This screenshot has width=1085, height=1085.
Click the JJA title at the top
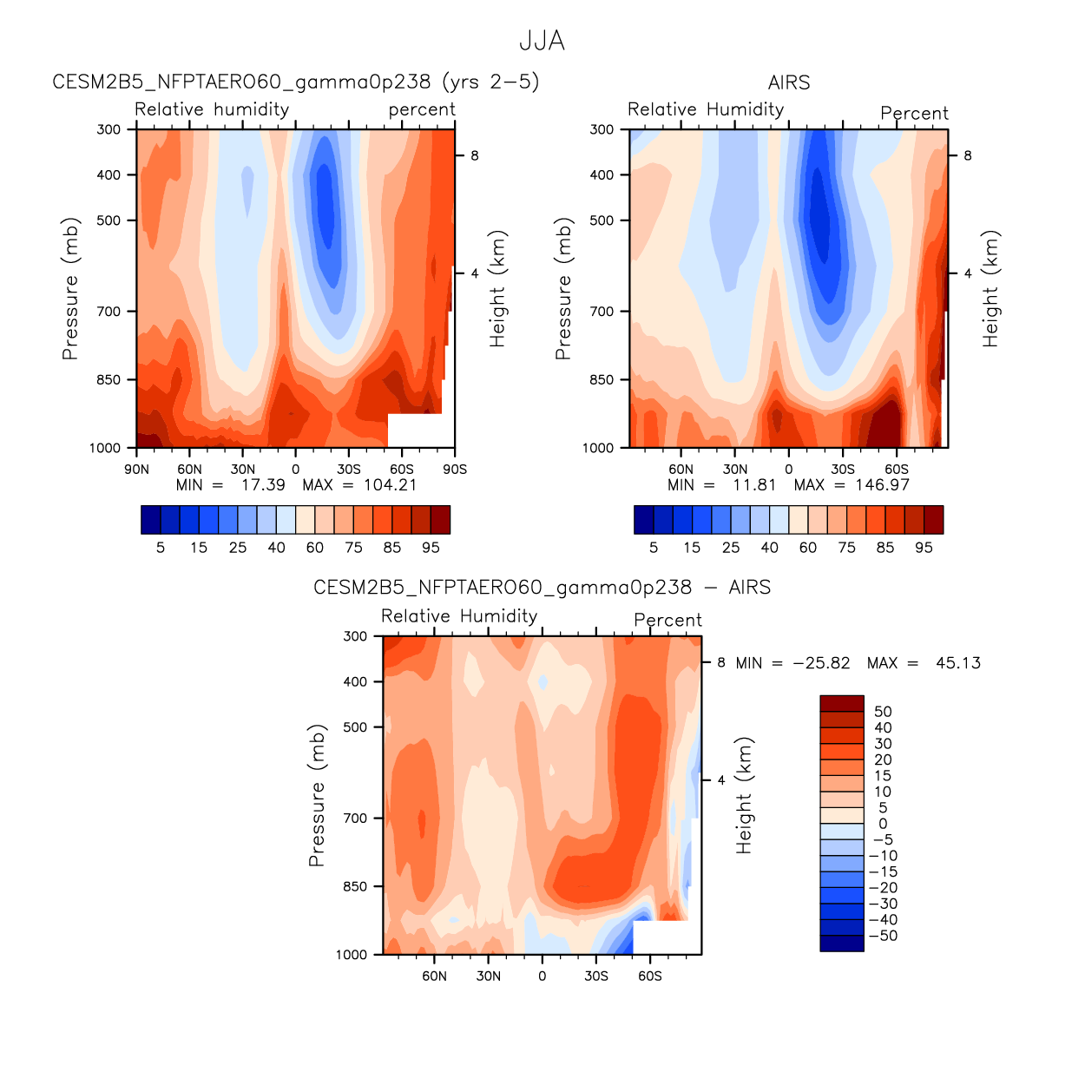542,41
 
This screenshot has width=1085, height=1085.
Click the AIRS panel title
789,82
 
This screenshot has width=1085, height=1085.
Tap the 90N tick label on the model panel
136,470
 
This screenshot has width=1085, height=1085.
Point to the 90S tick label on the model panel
455,470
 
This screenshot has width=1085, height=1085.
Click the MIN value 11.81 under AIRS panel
753,485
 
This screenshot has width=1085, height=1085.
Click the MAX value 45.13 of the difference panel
957,663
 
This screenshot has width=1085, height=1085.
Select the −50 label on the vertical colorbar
884,936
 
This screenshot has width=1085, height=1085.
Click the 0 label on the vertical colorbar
883,824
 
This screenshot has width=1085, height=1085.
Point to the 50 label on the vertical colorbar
883,712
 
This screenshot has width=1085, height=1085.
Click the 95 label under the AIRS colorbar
924,548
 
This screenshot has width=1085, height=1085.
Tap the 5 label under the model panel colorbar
161,548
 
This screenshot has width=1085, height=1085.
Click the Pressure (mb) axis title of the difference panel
317,795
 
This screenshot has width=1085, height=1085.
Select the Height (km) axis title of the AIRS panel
991,289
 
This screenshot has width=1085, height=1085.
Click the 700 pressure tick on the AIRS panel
602,311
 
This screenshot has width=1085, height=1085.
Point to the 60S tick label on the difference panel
650,976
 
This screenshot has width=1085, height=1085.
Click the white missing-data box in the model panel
420,431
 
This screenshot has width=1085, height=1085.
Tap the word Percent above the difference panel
667,621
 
